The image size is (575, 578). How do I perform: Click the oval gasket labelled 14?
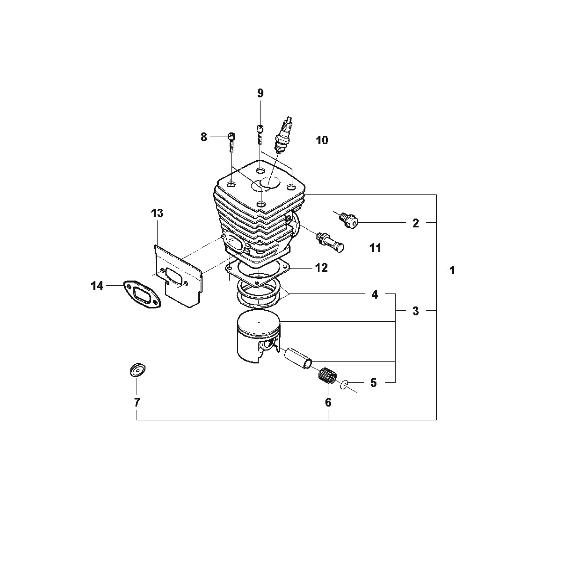142,294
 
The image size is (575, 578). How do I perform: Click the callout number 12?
321,268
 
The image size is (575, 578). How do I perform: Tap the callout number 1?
452,271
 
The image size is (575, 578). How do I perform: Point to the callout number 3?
416,311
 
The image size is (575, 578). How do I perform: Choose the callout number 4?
374,294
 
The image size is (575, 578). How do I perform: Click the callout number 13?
157,213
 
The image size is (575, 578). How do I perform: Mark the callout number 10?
322,140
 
